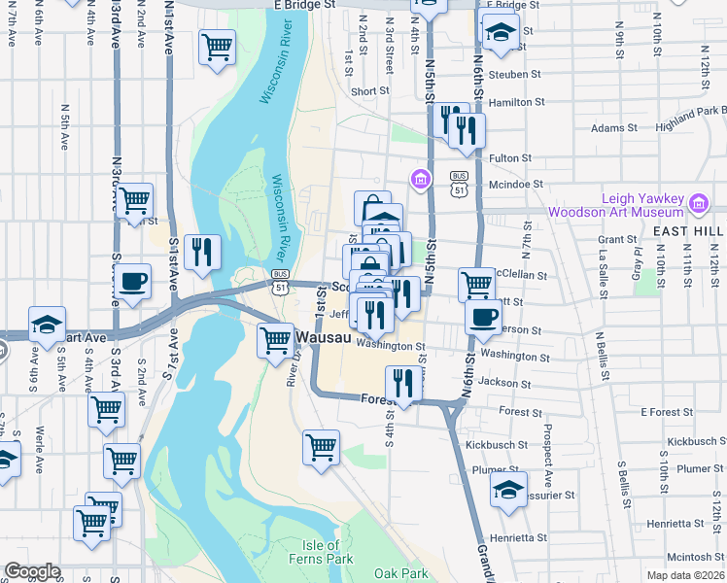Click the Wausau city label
(x=325, y=336)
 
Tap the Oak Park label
(x=400, y=573)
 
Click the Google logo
(x=33, y=571)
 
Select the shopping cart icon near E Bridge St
(x=218, y=46)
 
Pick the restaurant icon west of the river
(x=202, y=252)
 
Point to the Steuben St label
(x=515, y=74)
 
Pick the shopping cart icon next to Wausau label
(x=276, y=340)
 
